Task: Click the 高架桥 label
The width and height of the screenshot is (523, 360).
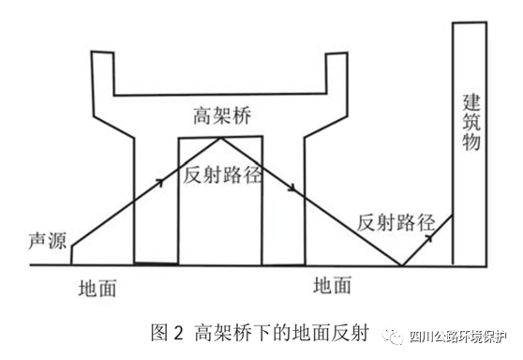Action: pyautogui.click(x=221, y=116)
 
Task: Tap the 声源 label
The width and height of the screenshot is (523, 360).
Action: pyautogui.click(x=41, y=231)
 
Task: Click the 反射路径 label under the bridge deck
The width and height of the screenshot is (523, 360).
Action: pyautogui.click(x=223, y=175)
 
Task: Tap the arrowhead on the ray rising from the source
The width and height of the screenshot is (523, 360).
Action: pyautogui.click(x=161, y=180)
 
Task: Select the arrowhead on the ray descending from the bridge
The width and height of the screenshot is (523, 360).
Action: pyautogui.click(x=292, y=188)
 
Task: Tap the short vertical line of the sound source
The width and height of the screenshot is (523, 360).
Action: pyautogui.click(x=72, y=254)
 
